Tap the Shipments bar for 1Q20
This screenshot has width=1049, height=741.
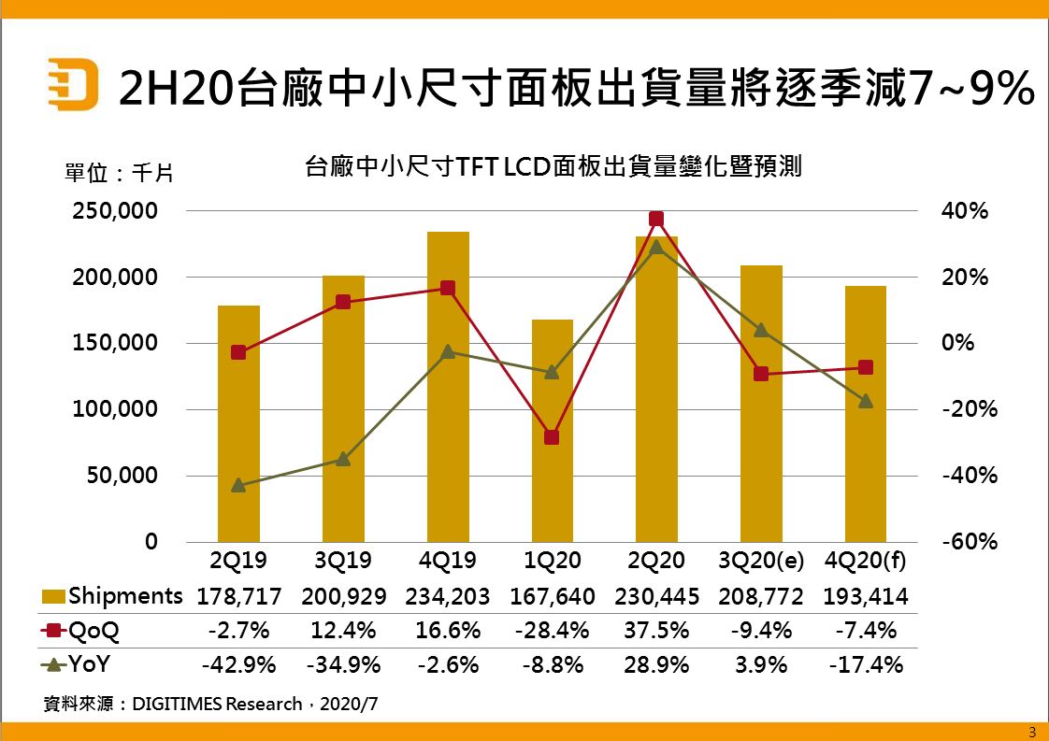pyautogui.click(x=552, y=430)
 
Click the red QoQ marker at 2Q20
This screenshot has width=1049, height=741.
pyautogui.click(x=656, y=219)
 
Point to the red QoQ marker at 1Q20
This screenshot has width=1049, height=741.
pyautogui.click(x=552, y=437)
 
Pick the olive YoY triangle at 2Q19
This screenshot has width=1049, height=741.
pyautogui.click(x=238, y=485)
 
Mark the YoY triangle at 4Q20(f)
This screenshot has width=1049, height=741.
pyautogui.click(x=866, y=401)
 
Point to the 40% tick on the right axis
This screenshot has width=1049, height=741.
pyautogui.click(x=964, y=211)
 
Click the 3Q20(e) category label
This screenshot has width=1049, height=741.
pyautogui.click(x=761, y=561)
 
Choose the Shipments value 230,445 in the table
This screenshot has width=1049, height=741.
pyautogui.click(x=656, y=596)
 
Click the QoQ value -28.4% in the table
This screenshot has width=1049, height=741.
pyautogui.click(x=552, y=631)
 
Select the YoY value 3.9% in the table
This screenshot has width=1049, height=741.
pyautogui.click(x=761, y=665)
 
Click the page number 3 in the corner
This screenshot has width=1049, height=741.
pyautogui.click(x=1032, y=731)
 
